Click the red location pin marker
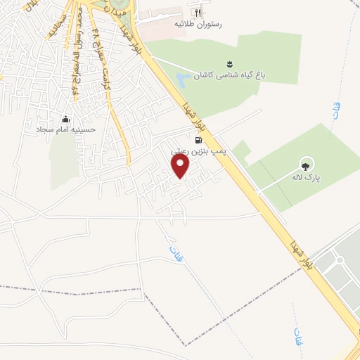tap(181, 166)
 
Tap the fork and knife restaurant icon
tap(198, 12)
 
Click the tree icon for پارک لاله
tap(305, 166)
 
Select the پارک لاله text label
tap(305, 177)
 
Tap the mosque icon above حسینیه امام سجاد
tap(66, 119)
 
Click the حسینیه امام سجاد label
tap(66, 130)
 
